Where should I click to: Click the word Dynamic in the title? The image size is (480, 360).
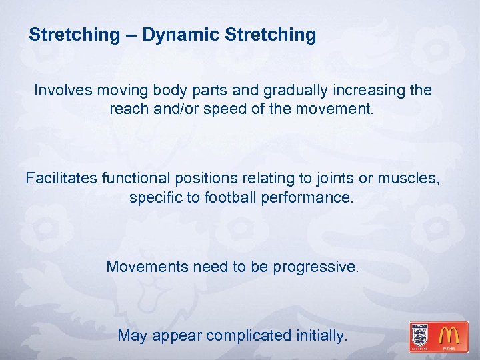pos(173,35)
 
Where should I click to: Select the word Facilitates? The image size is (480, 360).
pos(61,179)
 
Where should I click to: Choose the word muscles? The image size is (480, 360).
pos(408,179)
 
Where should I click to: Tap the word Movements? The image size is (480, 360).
pos(147,267)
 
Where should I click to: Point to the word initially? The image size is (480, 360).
pos(321,336)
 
